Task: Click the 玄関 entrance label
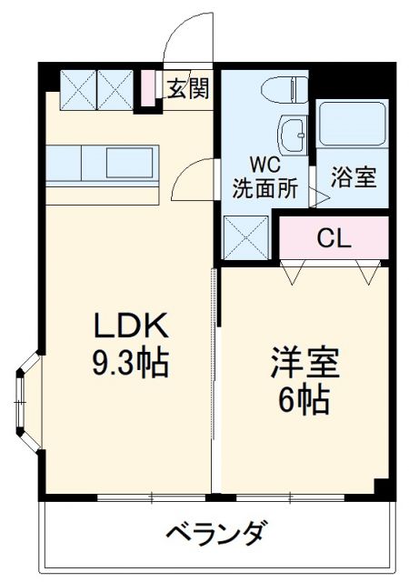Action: coord(189,87)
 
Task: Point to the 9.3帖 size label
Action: coord(131,364)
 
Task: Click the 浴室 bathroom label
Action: coord(353,177)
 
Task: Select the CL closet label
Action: coord(334,238)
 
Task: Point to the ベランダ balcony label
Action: coord(215,533)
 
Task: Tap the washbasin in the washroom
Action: coord(294,137)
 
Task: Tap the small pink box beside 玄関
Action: coord(147,87)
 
